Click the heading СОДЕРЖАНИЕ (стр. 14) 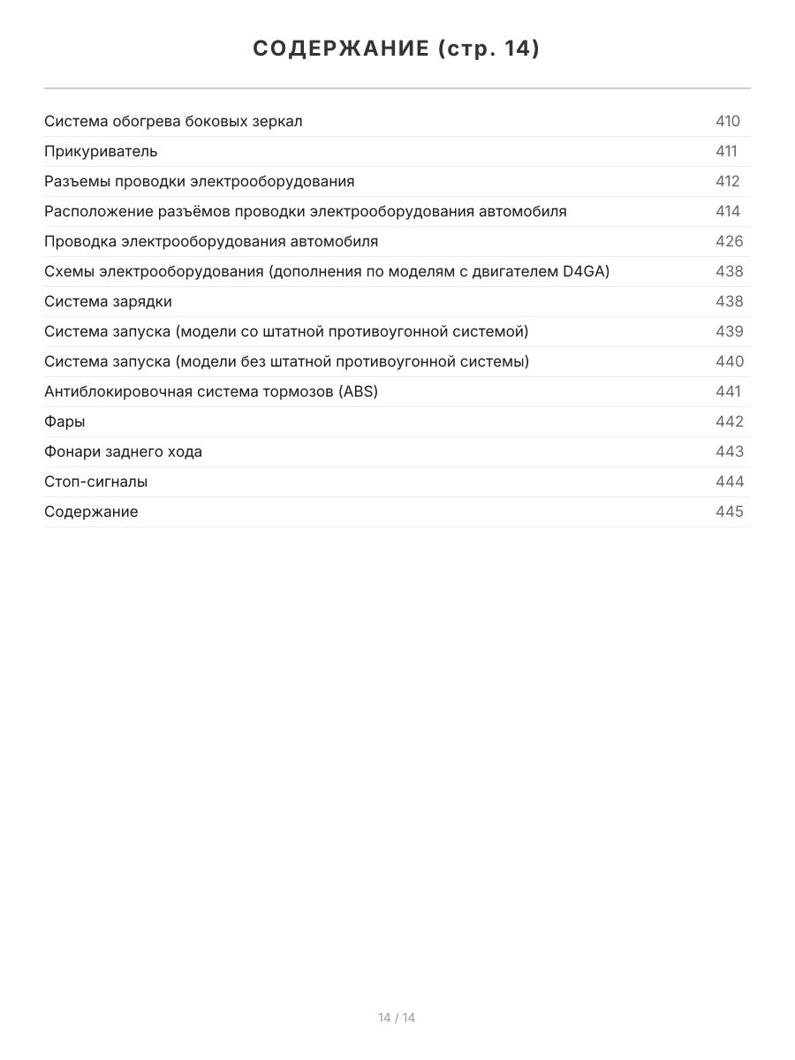[x=397, y=49]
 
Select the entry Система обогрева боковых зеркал [x=173, y=121]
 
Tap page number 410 [x=728, y=121]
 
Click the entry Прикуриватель [x=101, y=151]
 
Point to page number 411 [x=726, y=151]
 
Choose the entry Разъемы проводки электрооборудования [x=200, y=181]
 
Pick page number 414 [x=728, y=211]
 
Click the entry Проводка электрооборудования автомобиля [x=211, y=241]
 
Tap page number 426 [x=730, y=241]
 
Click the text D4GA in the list [x=584, y=271]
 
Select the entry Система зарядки [x=108, y=301]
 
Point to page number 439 [x=730, y=331]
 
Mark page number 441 [x=728, y=391]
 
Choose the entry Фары [x=64, y=421]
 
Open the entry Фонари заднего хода [x=123, y=451]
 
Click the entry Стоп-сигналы [x=95, y=481]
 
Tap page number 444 [x=730, y=481]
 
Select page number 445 [x=730, y=511]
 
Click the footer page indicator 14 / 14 [x=397, y=1018]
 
